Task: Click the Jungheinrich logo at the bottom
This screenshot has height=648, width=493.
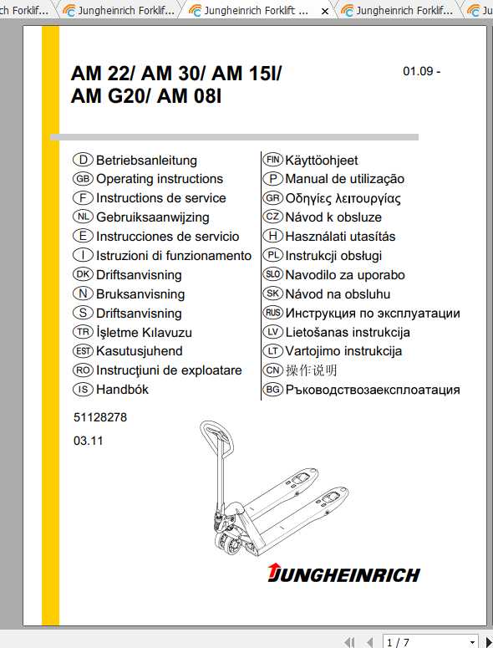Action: click(x=343, y=574)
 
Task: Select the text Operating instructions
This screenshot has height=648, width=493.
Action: click(x=160, y=179)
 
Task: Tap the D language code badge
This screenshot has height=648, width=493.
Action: click(x=82, y=160)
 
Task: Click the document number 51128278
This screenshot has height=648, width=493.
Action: click(x=99, y=417)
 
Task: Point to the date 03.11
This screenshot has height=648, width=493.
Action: click(x=88, y=441)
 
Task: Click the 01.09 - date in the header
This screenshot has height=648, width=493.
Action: click(x=421, y=71)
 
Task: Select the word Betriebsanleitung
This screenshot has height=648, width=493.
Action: click(x=146, y=160)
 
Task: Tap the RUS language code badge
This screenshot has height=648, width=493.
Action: click(x=272, y=314)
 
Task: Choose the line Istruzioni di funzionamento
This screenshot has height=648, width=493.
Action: click(x=174, y=256)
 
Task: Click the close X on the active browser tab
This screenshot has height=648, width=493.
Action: click(x=325, y=11)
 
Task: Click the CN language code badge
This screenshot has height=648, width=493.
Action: click(x=272, y=370)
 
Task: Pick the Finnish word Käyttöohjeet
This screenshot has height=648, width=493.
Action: click(x=322, y=160)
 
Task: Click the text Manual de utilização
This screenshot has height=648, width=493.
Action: click(x=344, y=179)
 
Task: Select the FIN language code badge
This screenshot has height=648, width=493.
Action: click(x=272, y=160)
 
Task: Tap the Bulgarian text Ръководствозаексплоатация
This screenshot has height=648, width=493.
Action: click(x=373, y=390)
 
